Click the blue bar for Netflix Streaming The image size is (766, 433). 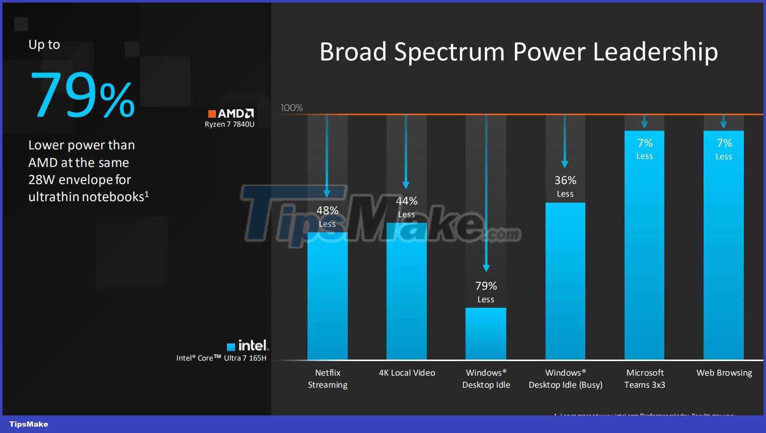327,297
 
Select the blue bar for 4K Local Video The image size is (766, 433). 406,292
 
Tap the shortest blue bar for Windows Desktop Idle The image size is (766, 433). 486,334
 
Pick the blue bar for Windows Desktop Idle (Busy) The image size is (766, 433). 565,282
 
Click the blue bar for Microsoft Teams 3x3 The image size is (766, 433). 644,251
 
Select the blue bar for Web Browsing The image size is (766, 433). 723,251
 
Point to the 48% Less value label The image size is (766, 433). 327,216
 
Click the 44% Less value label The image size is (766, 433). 407,207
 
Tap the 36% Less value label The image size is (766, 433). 565,186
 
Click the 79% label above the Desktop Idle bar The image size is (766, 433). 486,286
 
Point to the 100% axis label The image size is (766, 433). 291,108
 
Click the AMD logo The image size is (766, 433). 231,114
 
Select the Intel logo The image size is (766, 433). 248,345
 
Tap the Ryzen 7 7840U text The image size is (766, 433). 229,124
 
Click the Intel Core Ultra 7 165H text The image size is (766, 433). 221,358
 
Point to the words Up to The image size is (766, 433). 44,45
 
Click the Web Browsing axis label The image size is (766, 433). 724,373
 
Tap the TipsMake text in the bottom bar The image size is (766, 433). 29,424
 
